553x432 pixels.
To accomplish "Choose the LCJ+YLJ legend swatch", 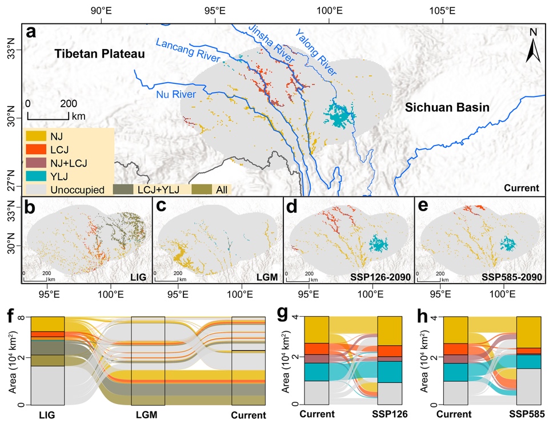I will [x=124, y=189].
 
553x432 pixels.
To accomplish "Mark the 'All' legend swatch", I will [x=202, y=189].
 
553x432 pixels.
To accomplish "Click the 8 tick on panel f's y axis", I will [x=21, y=317].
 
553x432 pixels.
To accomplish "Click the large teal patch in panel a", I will [x=339, y=114].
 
